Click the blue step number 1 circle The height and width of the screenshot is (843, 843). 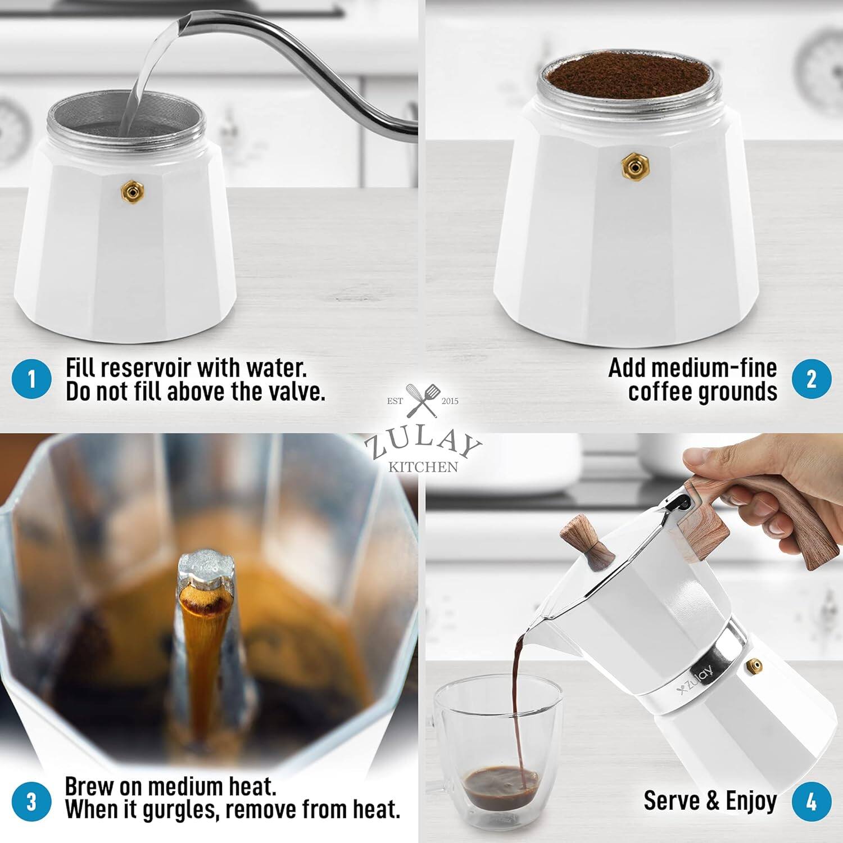click(31, 379)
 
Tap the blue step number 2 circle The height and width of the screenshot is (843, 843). click(812, 379)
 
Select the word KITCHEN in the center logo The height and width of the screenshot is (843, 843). click(423, 466)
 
